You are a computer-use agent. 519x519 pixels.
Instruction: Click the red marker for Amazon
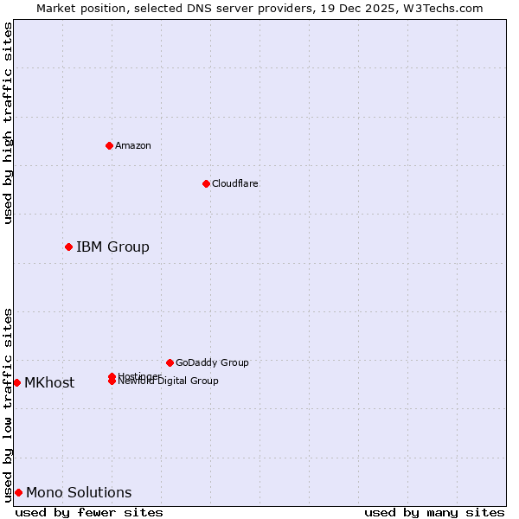point(109,145)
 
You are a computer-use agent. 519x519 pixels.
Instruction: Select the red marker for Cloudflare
point(206,183)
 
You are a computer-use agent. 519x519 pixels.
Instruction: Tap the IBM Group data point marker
point(68,247)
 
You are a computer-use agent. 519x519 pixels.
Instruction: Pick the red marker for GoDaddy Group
point(170,362)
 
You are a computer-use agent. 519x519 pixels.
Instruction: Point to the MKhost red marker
point(16,382)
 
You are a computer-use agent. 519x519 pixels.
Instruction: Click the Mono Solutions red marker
point(18,492)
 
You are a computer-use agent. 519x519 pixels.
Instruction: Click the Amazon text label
point(133,145)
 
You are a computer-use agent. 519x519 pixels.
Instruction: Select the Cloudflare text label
point(235,183)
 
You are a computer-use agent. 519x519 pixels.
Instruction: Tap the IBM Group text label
point(112,247)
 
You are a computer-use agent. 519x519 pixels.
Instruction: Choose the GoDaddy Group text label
point(212,362)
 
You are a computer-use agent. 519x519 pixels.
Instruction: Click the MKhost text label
point(49,382)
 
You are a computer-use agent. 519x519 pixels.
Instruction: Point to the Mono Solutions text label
point(79,492)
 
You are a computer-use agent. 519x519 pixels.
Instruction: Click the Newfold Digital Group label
point(170,381)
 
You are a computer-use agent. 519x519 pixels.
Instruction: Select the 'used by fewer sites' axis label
point(89,512)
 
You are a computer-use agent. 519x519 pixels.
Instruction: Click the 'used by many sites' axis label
point(433,512)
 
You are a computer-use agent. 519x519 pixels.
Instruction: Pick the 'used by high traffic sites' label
point(8,123)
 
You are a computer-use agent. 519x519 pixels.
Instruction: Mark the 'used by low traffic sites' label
point(8,405)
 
